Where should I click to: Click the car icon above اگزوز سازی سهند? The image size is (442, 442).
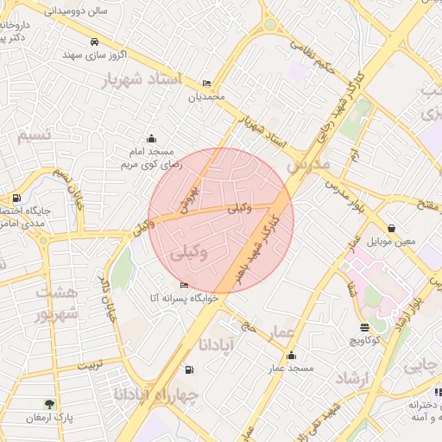coord(94,41)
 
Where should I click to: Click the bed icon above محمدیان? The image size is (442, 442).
coord(206,84)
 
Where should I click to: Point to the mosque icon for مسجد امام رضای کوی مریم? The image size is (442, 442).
coord(152,138)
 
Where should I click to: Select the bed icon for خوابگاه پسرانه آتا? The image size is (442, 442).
coord(184,285)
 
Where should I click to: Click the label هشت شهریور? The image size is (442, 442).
coord(57,303)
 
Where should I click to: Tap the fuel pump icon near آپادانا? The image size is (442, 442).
coord(189,370)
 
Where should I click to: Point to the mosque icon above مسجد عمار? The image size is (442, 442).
coord(291,355)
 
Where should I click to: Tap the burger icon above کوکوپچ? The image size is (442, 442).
coord(363,327)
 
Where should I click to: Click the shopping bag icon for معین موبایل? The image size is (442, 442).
coord(393,228)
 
